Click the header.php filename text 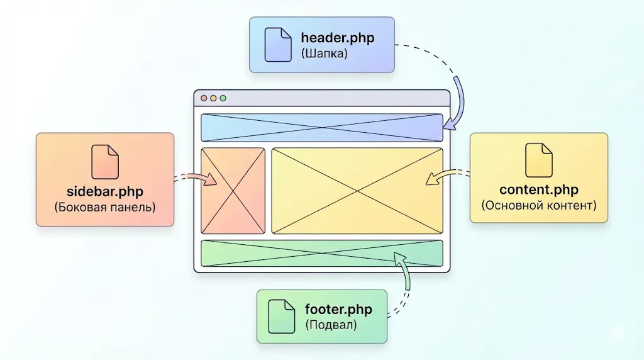[337, 38]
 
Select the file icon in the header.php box [277, 44]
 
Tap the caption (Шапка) [324, 54]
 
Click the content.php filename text [539, 189]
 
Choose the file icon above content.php [539, 160]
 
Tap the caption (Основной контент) [539, 205]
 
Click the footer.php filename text [338, 310]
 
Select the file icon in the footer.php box [281, 316]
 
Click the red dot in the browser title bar [204, 98]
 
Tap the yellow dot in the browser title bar [213, 98]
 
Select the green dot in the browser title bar [223, 98]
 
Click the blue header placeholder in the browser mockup [321, 128]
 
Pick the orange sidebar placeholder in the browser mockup [233, 191]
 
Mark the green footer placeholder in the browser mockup [321, 253]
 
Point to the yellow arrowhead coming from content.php [431, 180]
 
